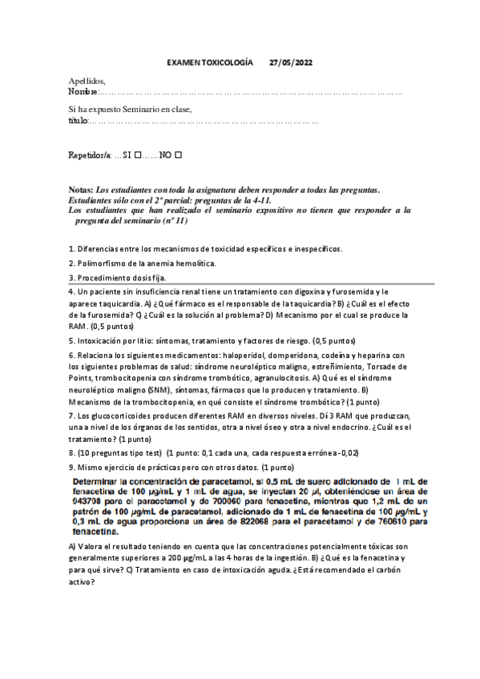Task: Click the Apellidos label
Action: point(87,82)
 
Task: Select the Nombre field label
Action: point(83,93)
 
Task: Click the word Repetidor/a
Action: point(91,154)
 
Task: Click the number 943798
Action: point(89,499)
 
